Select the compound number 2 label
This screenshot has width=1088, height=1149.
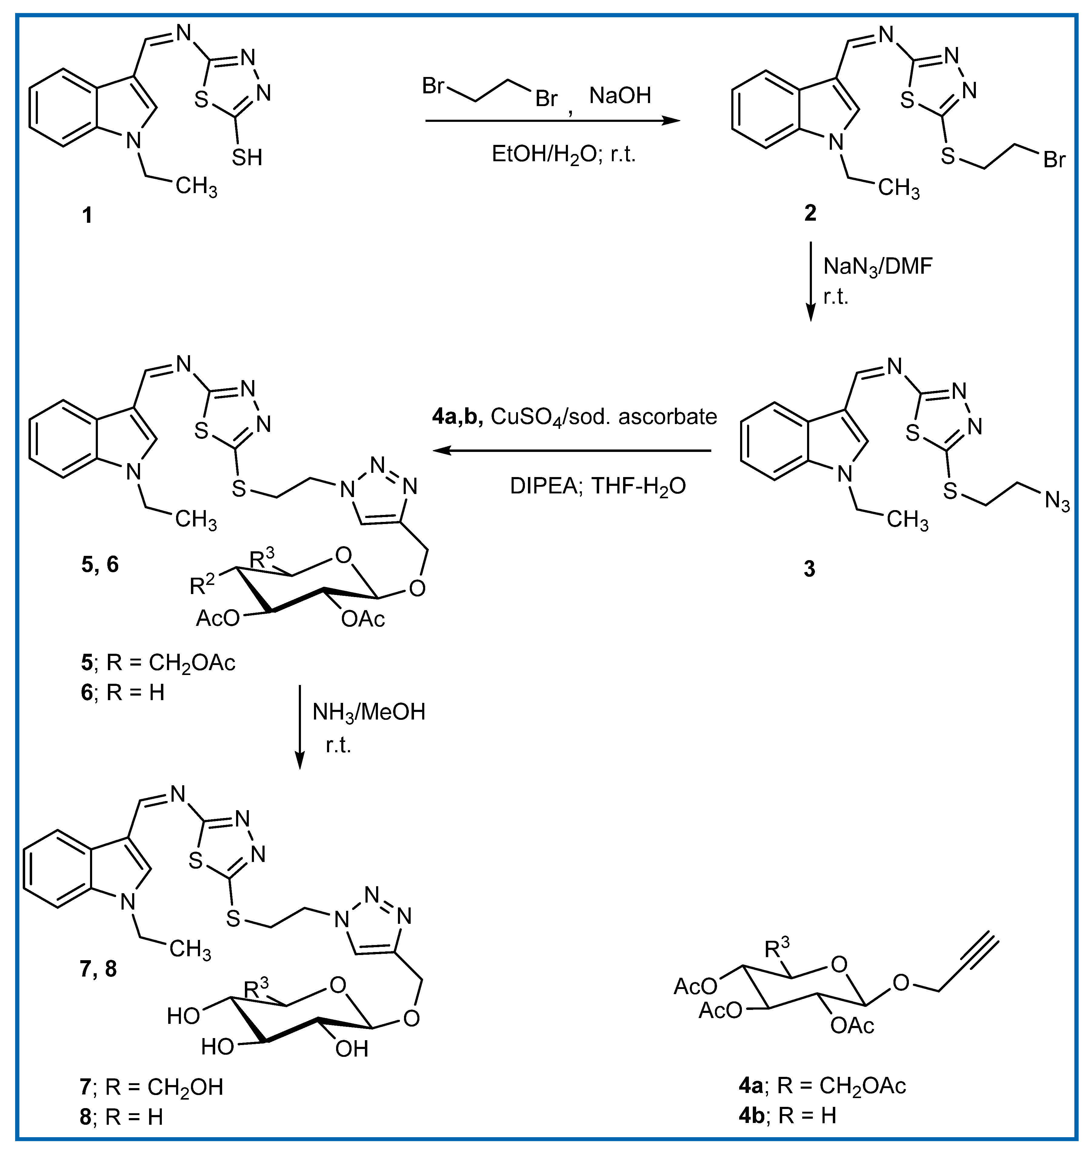pos(810,213)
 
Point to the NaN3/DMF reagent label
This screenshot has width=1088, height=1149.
pos(877,267)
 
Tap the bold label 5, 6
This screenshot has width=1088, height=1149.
pos(100,564)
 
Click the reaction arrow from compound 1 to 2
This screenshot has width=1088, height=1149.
pos(552,121)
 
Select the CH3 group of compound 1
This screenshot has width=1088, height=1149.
pos(196,187)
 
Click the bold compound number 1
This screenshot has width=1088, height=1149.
pos(87,215)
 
